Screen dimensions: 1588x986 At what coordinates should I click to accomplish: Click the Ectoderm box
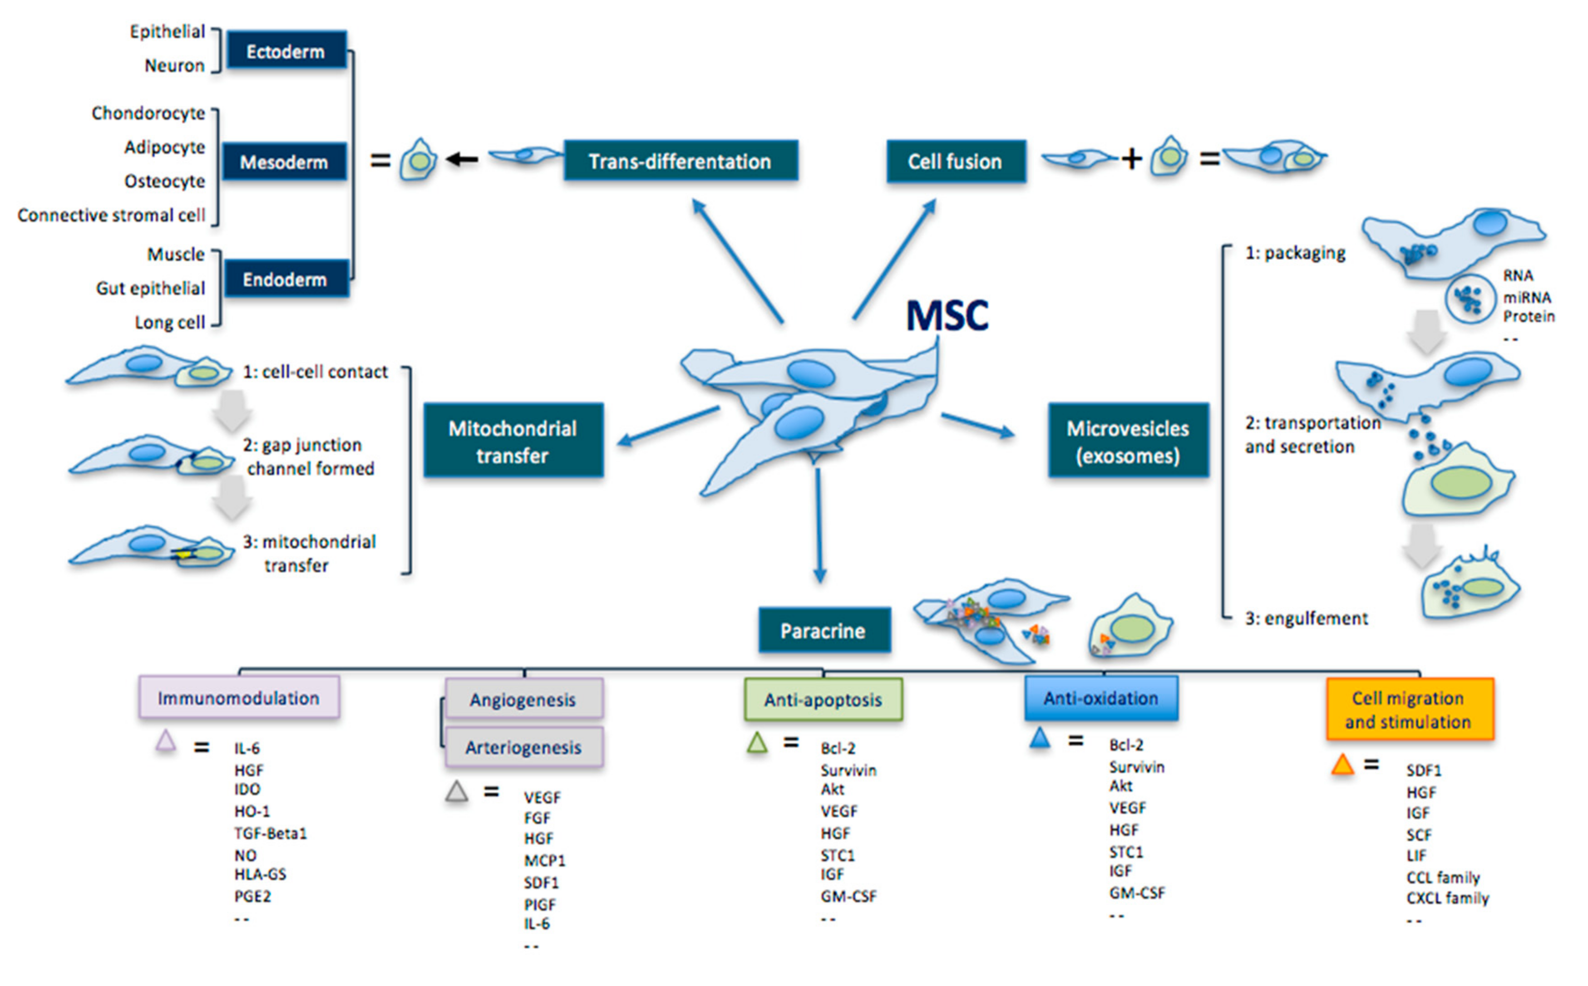(x=286, y=50)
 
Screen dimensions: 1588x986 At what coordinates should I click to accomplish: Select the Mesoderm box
(x=285, y=161)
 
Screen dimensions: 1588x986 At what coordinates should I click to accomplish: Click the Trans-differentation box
(x=681, y=161)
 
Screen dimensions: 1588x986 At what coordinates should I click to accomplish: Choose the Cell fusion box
(x=956, y=161)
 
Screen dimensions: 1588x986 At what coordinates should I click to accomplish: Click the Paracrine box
(x=824, y=630)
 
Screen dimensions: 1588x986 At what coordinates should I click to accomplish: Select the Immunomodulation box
(x=239, y=697)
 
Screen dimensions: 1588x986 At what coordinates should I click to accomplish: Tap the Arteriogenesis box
(x=524, y=747)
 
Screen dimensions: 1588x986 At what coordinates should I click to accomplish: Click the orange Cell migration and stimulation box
(x=1409, y=709)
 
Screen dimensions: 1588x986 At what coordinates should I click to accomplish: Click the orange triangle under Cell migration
(x=1343, y=764)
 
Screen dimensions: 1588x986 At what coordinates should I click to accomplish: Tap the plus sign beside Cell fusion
(x=1132, y=158)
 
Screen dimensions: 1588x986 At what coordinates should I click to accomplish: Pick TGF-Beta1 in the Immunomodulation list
(x=271, y=833)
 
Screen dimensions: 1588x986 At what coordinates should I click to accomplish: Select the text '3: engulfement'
(x=1306, y=618)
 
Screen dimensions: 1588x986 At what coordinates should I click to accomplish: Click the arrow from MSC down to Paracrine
(x=819, y=525)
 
